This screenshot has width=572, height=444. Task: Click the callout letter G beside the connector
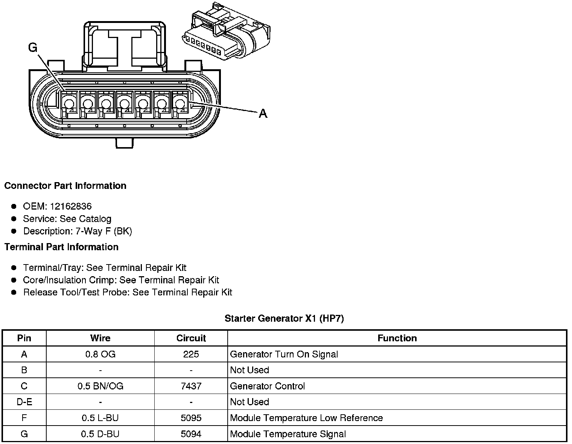[33, 47]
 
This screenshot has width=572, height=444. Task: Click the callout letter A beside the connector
[263, 113]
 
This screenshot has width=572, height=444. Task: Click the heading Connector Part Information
[65, 186]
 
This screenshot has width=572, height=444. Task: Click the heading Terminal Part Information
[61, 247]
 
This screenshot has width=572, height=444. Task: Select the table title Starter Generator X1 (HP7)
[284, 319]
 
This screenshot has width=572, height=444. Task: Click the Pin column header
[24, 338]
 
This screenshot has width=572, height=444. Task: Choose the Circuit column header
[191, 338]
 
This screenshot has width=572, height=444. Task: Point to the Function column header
[397, 338]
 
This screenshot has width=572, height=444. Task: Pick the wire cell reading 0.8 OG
[100, 354]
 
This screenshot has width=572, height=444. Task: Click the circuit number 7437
[191, 386]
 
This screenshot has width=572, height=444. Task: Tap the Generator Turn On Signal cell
[284, 354]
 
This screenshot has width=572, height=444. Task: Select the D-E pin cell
[24, 402]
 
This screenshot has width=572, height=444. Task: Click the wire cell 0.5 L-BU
[100, 418]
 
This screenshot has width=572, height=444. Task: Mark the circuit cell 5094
[191, 434]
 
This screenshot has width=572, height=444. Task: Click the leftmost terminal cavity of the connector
[68, 103]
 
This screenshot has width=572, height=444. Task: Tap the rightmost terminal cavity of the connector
[180, 103]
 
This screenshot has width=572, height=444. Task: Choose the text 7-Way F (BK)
[103, 231]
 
